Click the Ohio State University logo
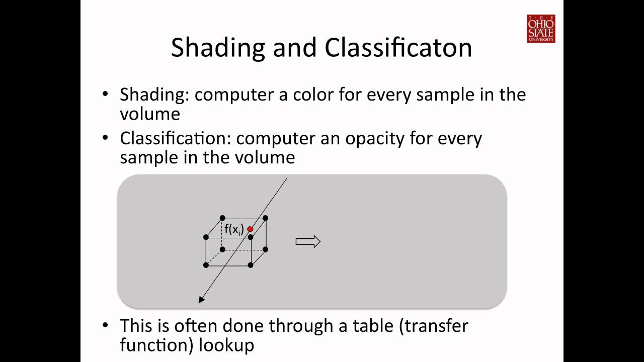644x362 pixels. tap(541, 29)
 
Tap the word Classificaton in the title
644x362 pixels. tap(398, 48)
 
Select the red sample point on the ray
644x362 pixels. tap(250, 229)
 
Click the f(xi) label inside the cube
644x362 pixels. tap(234, 230)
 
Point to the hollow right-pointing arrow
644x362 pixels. tap(308, 242)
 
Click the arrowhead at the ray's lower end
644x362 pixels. tap(202, 300)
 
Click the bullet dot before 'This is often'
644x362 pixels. tap(105, 325)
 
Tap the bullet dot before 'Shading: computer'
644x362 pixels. tap(105, 94)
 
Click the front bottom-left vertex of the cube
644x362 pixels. tap(206, 265)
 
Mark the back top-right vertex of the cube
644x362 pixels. tap(266, 218)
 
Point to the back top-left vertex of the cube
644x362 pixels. tap(222, 218)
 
